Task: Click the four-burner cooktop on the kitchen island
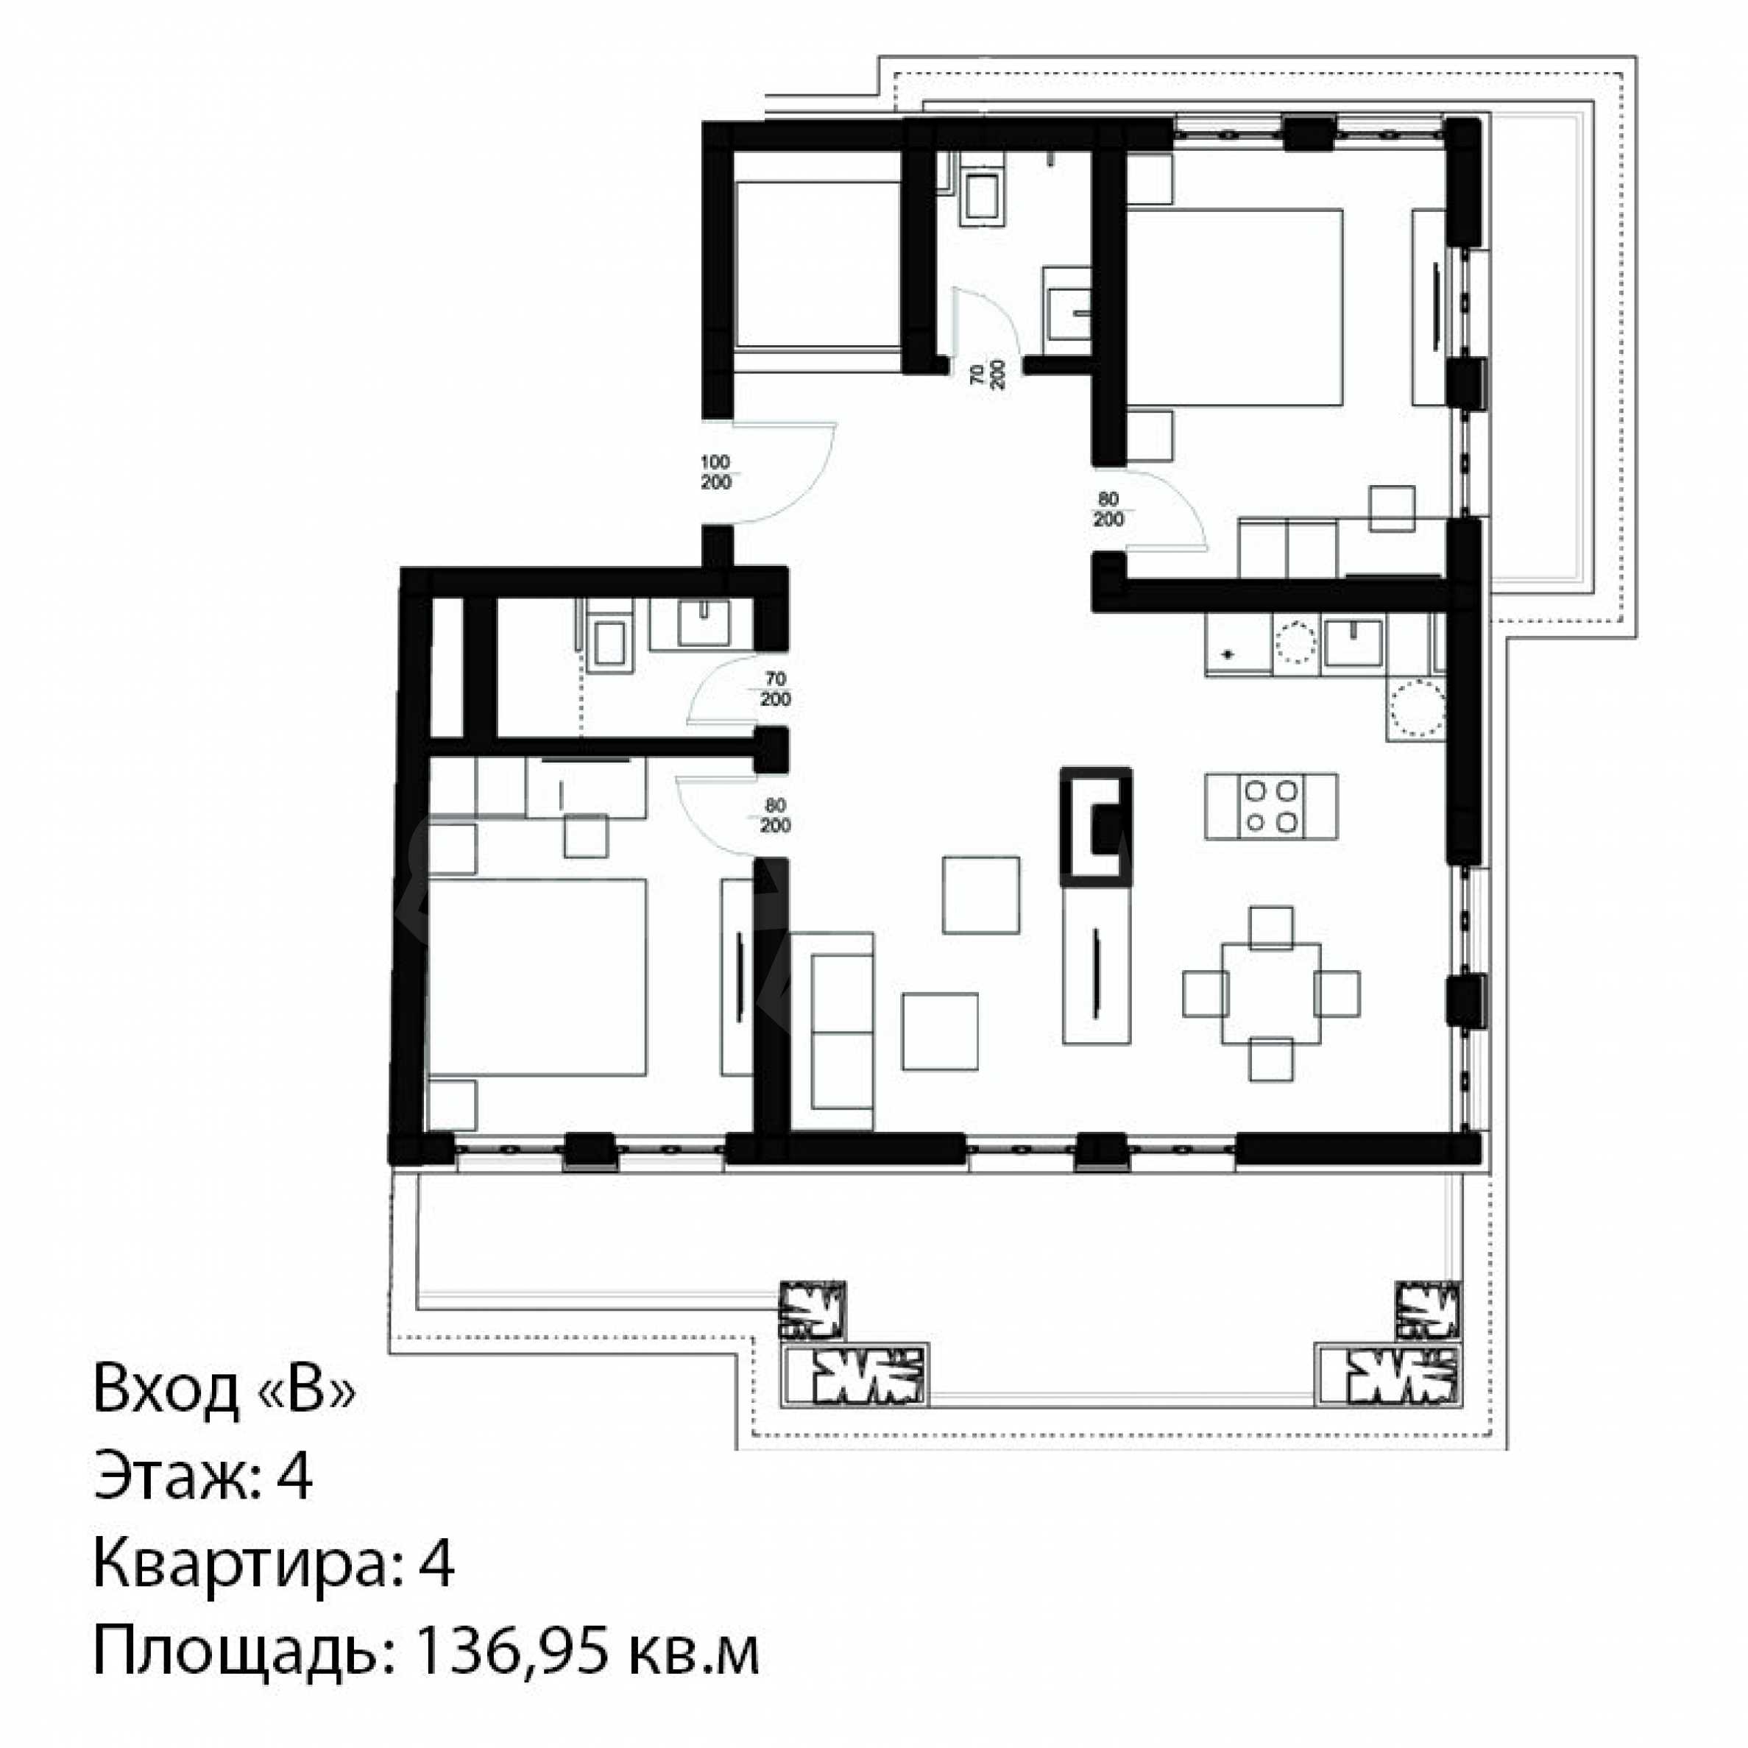(1270, 805)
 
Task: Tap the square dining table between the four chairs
(1270, 994)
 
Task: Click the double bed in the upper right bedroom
(1234, 307)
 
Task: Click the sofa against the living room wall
(832, 1031)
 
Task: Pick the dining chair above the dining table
(1270, 927)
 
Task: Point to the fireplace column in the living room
(1096, 826)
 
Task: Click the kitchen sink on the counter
(1353, 643)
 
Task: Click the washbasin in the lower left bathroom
(703, 623)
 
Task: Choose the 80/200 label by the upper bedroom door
(1108, 509)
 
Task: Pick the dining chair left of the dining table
(1204, 994)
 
